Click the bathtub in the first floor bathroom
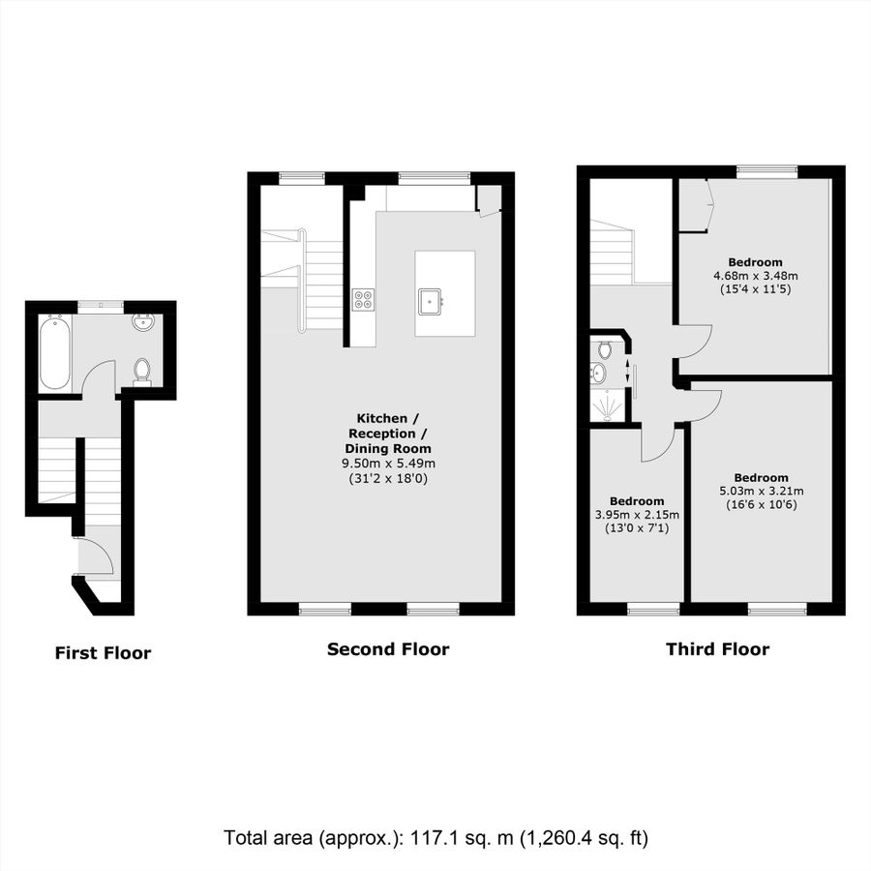55,352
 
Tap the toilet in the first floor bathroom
142,371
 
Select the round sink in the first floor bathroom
144,321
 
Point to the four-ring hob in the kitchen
363,300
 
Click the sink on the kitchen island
430,302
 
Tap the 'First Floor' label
103,652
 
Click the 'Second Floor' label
388,648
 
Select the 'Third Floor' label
718,648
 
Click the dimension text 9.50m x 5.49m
388,464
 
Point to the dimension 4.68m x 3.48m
756,276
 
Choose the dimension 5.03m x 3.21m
761,491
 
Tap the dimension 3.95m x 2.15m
637,515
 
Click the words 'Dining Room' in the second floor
388,448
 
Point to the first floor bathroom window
101,304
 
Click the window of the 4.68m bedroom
767,171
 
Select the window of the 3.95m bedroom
653,610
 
